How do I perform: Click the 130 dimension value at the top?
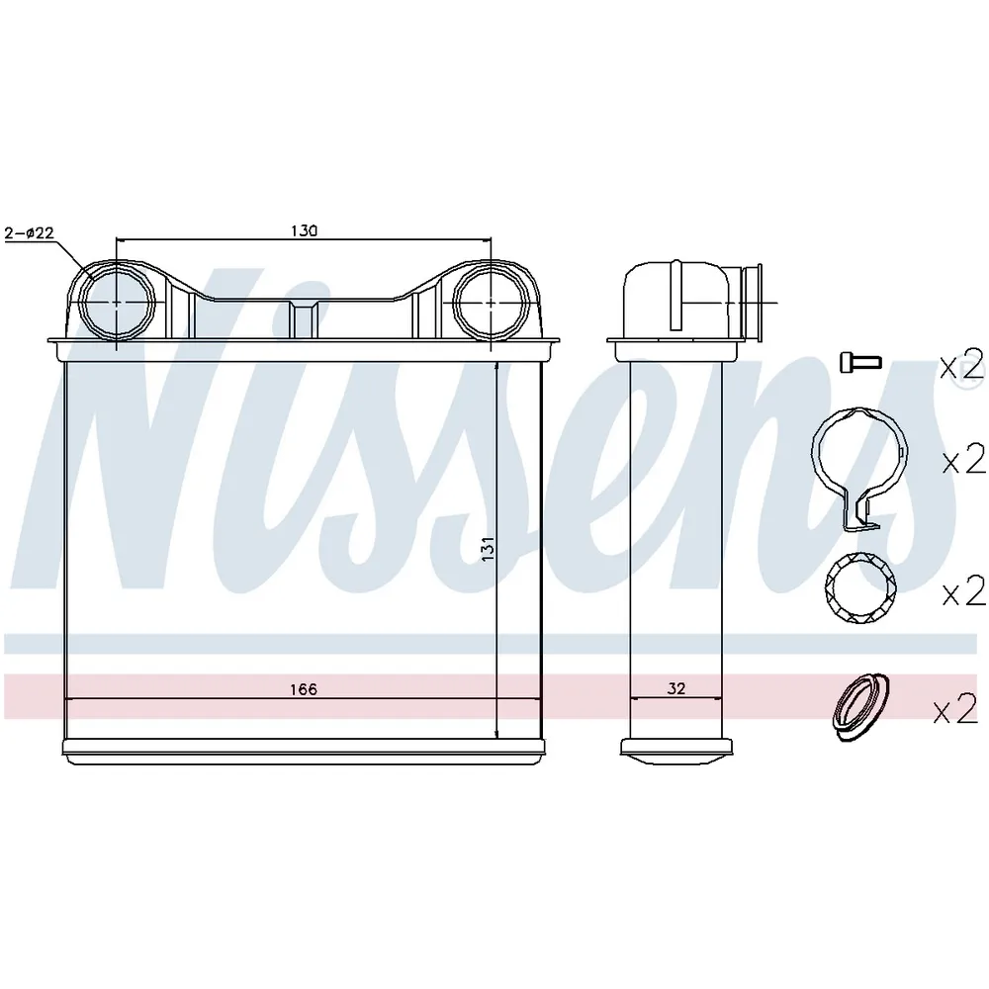tap(304, 230)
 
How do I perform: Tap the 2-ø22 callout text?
tap(30, 232)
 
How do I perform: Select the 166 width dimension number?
tap(304, 689)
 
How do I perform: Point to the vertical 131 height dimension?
tap(488, 549)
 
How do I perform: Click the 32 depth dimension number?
tap(676, 688)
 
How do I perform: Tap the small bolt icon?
tap(860, 362)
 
